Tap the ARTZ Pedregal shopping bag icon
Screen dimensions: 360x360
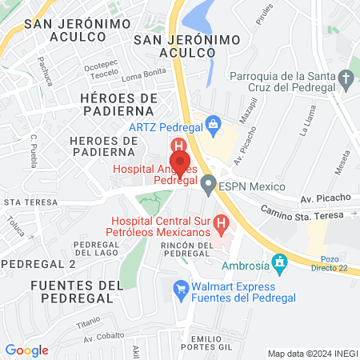[x=213, y=124]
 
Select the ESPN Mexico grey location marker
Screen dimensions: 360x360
[x=209, y=186]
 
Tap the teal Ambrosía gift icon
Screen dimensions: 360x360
[x=279, y=262]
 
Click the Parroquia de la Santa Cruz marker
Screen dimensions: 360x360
[x=346, y=79]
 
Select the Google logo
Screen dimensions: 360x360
[x=26, y=350]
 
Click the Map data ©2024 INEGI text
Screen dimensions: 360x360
[x=312, y=354]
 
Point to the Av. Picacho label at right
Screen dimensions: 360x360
[x=325, y=197]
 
